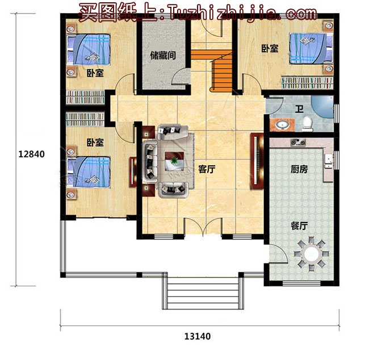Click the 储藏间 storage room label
point(162,56)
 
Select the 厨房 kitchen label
point(299,169)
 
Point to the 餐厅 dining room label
point(299,225)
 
